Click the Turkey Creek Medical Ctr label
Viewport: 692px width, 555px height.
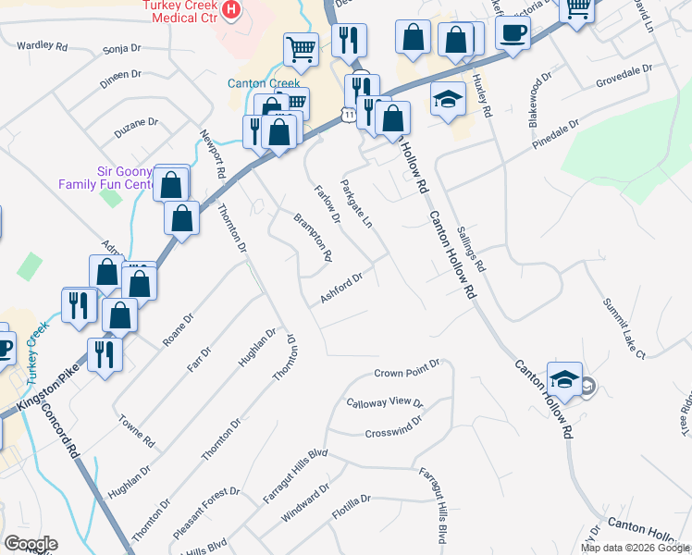(180, 12)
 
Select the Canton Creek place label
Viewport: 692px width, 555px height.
(259, 83)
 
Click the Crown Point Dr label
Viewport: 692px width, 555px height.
(406, 373)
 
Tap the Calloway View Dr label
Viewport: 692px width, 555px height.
(384, 403)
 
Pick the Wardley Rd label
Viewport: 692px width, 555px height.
(43, 45)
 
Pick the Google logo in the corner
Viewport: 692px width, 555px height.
(31, 544)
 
